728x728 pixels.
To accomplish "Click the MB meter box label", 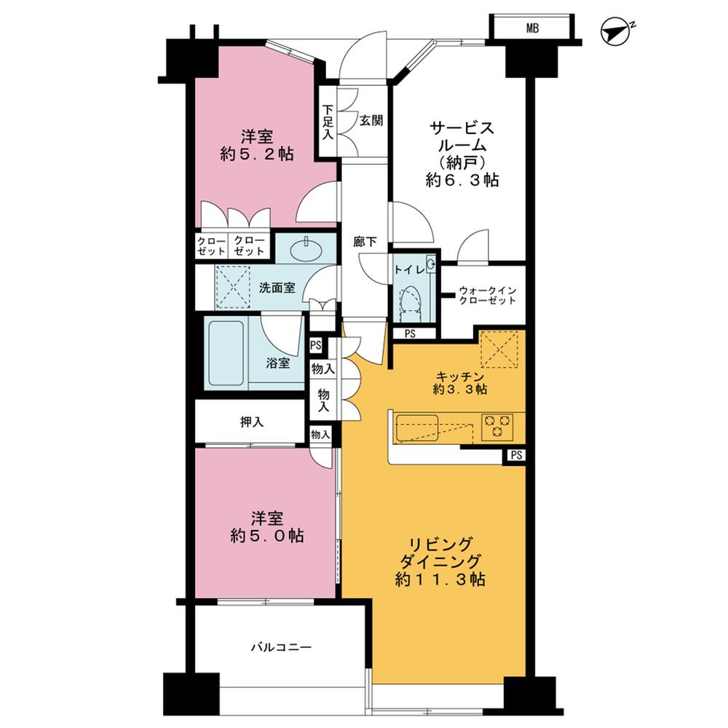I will pyautogui.click(x=534, y=28).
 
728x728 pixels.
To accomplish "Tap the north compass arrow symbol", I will pyautogui.click(x=617, y=31).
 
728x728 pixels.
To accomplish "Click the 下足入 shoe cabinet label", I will pyautogui.click(x=328, y=122).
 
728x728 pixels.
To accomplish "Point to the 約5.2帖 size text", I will pyautogui.click(x=258, y=154).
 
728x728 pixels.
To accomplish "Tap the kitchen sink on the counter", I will pyautogui.click(x=416, y=426).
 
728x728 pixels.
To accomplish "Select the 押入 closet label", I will pyautogui.click(x=250, y=422).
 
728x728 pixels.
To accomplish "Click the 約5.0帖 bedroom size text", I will pyautogui.click(x=267, y=536).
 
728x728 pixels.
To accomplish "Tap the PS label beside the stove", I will pyautogui.click(x=516, y=456).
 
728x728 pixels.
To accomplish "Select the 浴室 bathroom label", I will pyautogui.click(x=277, y=362).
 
